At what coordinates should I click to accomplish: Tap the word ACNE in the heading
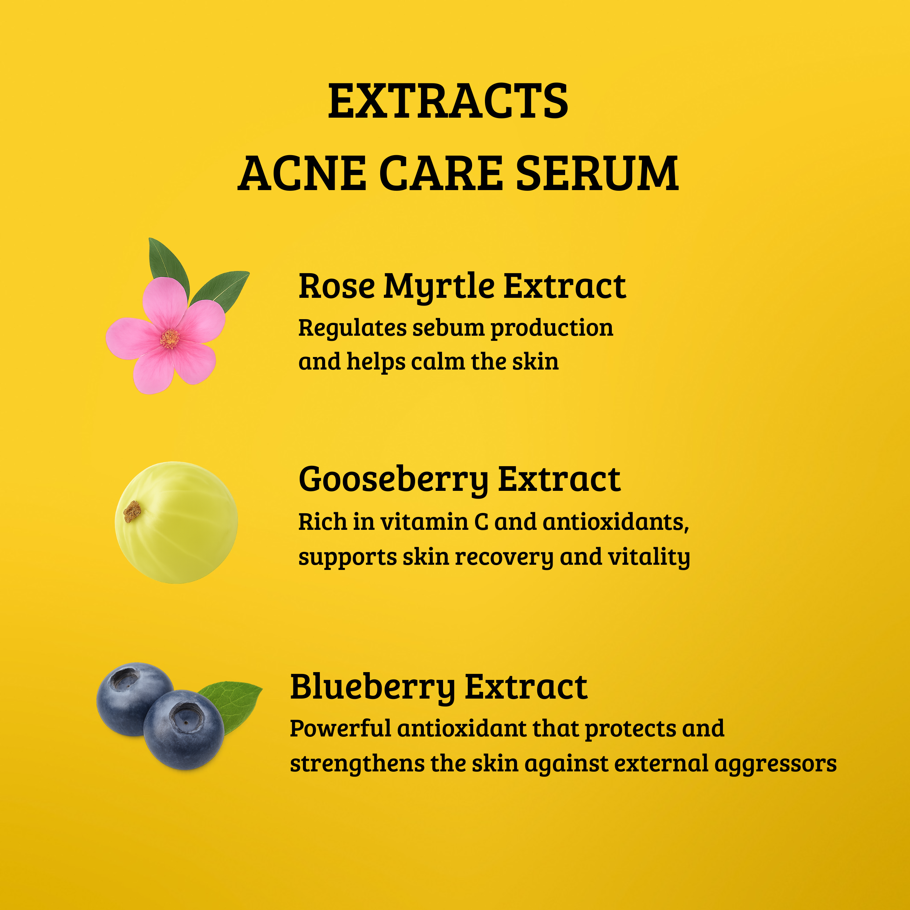(x=301, y=174)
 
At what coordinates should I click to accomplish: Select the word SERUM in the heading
(x=597, y=174)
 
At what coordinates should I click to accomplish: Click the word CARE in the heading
(x=441, y=174)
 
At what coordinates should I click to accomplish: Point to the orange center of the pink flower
(x=169, y=338)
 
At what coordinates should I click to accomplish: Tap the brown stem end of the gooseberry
(x=132, y=511)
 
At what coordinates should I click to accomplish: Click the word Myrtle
(x=439, y=287)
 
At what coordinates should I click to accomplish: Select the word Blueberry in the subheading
(x=372, y=688)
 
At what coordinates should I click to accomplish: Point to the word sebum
(x=447, y=328)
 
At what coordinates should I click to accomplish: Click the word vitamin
(x=424, y=522)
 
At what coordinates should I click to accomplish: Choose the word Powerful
(x=340, y=729)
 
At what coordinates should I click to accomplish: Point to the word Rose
(x=336, y=287)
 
